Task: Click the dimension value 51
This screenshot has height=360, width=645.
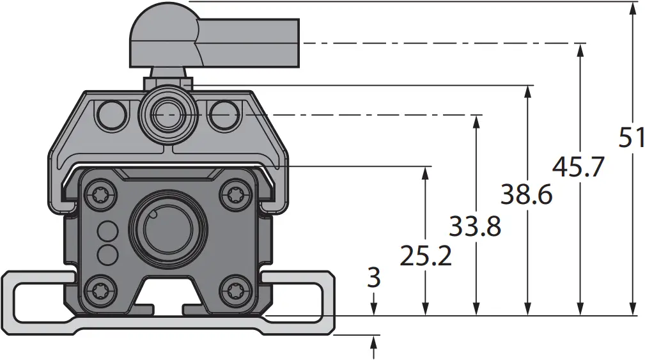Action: [x=631, y=137]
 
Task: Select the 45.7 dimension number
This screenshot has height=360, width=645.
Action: [x=578, y=168]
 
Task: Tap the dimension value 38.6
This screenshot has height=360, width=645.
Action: [x=526, y=194]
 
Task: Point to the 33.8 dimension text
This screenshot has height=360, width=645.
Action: [x=475, y=226]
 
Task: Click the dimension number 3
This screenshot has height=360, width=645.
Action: [x=374, y=278]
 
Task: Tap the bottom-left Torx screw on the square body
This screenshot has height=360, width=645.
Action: [x=102, y=292]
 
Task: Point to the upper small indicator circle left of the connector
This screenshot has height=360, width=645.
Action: [x=107, y=230]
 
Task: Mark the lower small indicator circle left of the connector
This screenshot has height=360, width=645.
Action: [x=107, y=254]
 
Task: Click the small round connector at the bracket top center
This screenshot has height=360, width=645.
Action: [x=168, y=113]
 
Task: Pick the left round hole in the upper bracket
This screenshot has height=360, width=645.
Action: [x=111, y=114]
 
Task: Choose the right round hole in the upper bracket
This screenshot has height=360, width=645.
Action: [x=224, y=114]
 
